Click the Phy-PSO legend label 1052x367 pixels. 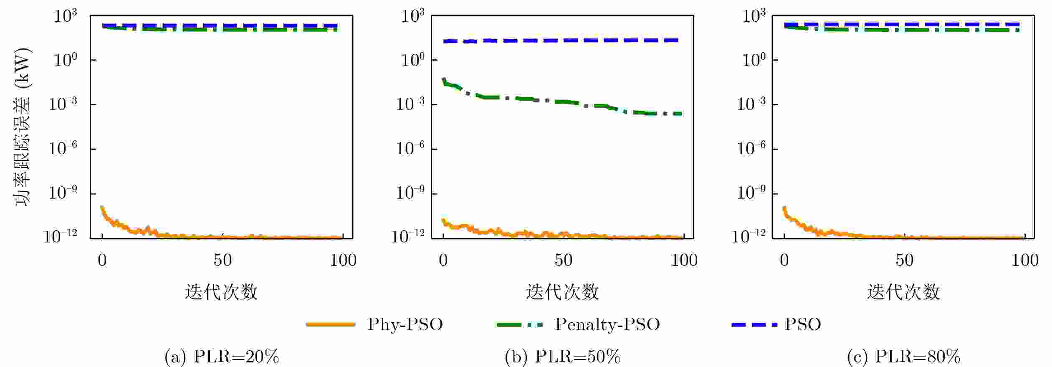coord(405,324)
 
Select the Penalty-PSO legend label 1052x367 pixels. coord(607,324)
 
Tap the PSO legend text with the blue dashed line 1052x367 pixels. coord(803,324)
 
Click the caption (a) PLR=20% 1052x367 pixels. coord(221,357)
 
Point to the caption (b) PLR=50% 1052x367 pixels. coord(562,357)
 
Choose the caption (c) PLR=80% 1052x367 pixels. coord(903,357)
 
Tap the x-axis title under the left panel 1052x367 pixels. coord(221,292)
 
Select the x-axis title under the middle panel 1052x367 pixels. coord(562,292)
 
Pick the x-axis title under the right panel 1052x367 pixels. coord(903,292)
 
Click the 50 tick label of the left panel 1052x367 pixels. coord(223,260)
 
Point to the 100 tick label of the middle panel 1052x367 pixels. coord(684,260)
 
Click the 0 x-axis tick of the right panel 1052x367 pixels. coord(784,260)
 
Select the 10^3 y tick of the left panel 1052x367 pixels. coord(66,16)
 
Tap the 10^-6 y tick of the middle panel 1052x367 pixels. coord(411,148)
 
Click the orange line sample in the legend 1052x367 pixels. coord(331,324)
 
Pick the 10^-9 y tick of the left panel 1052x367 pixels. coord(63,193)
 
